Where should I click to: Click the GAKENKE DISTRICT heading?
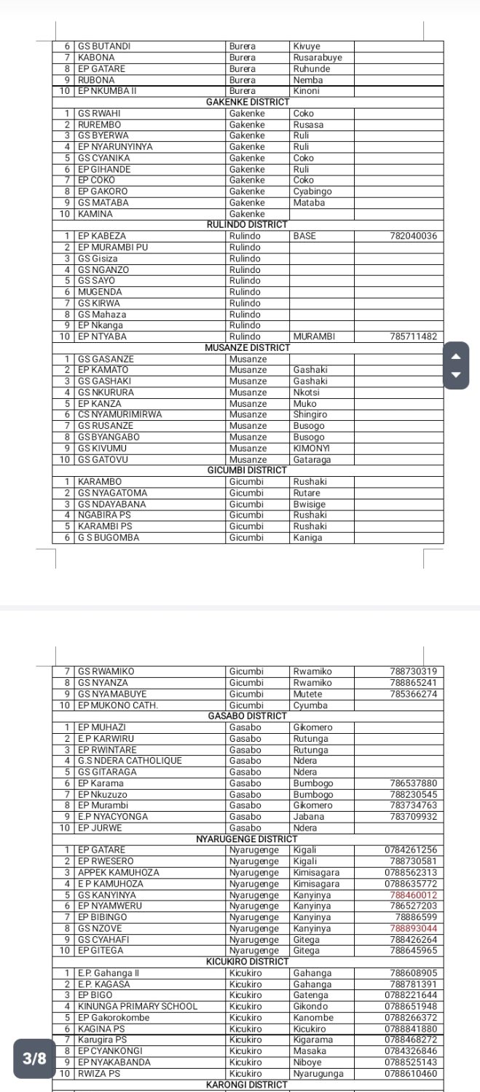[248, 102]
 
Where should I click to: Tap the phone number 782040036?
[413, 236]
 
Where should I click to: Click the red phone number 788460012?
[413, 895]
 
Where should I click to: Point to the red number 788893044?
[413, 928]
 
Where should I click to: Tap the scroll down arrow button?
[457, 375]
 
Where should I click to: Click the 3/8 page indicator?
[34, 1059]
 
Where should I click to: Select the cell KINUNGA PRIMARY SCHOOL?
[138, 1006]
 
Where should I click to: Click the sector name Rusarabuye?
[318, 58]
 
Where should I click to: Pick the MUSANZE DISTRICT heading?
[248, 347]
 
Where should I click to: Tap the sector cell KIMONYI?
[312, 448]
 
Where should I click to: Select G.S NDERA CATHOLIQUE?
[130, 761]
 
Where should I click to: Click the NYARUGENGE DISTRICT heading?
[248, 839]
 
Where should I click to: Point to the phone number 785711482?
[413, 336]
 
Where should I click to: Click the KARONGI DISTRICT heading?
[248, 1085]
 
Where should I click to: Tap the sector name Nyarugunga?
[318, 1073]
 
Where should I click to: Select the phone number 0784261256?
[411, 850]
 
